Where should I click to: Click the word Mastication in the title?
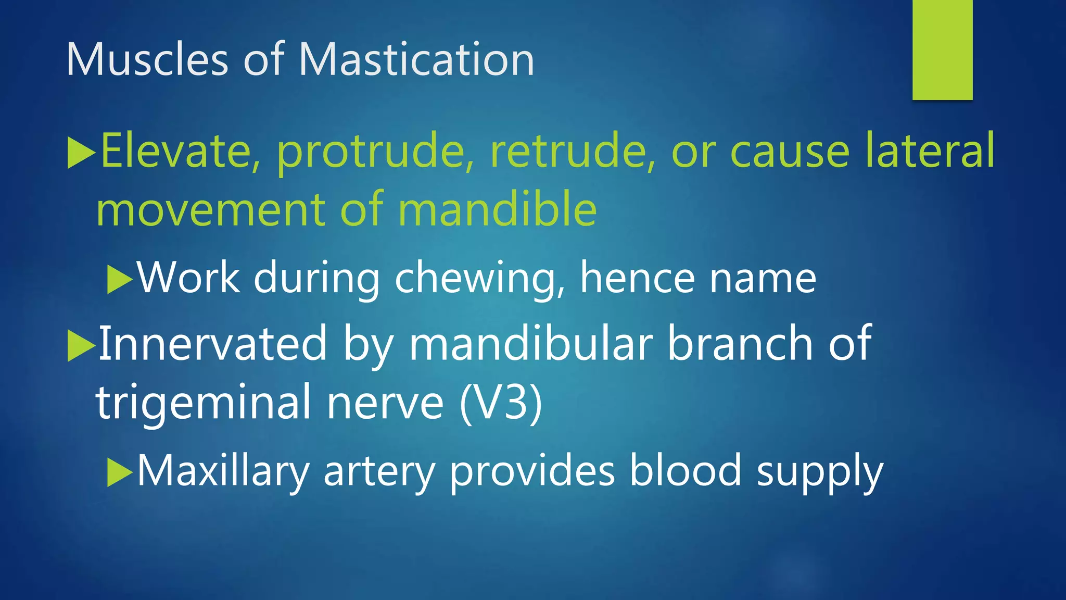coord(416,59)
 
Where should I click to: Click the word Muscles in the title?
coord(147,59)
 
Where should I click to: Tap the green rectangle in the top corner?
coord(942,49)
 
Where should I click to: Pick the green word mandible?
coord(497,209)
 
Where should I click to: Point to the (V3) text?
coord(501,402)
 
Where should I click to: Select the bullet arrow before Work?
coord(120,280)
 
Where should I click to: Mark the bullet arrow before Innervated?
coord(81,346)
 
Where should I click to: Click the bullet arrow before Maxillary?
coord(120,472)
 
